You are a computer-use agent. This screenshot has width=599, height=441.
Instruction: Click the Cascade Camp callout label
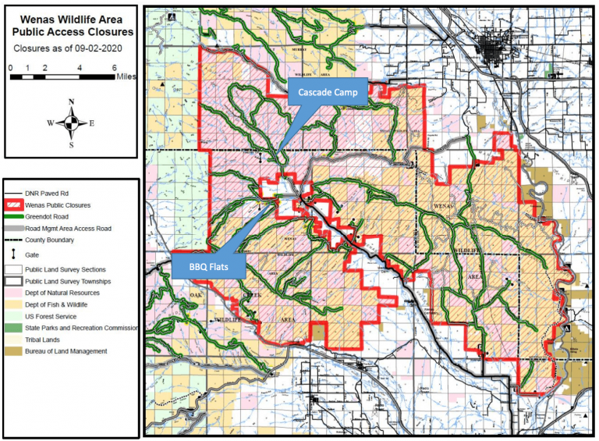pyautogui.click(x=328, y=92)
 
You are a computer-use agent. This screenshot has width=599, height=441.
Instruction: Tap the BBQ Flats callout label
pyautogui.click(x=207, y=269)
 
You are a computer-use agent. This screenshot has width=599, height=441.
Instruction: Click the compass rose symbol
pyautogui.click(x=71, y=123)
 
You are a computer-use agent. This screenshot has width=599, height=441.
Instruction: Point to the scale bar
pyautogui.click(x=62, y=77)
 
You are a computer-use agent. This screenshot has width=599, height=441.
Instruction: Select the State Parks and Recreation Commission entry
pyautogui.click(x=81, y=328)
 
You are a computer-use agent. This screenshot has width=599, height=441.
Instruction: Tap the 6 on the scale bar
pyautogui.click(x=115, y=68)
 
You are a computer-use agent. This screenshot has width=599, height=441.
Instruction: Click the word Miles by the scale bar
pyautogui.click(x=126, y=78)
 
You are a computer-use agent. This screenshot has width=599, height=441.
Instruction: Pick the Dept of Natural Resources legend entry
pyautogui.click(x=69, y=292)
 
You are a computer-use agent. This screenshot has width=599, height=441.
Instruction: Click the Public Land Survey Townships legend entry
pyautogui.click(x=75, y=280)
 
